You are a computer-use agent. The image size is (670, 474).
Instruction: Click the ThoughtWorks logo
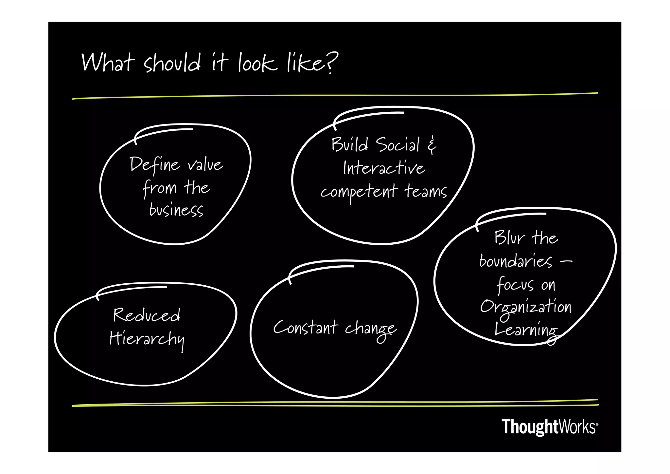point(550,427)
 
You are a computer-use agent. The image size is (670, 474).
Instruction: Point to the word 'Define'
point(154,165)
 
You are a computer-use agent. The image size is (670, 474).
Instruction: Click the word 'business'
point(176,210)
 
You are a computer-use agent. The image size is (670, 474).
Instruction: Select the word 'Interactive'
point(384,168)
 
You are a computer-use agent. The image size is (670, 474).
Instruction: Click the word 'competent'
point(359,192)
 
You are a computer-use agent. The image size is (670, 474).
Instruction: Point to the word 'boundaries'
point(516,261)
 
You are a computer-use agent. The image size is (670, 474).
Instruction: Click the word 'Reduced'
point(147,315)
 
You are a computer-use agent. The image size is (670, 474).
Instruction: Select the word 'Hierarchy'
point(147,339)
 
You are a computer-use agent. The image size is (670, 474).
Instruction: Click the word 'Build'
point(349,144)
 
